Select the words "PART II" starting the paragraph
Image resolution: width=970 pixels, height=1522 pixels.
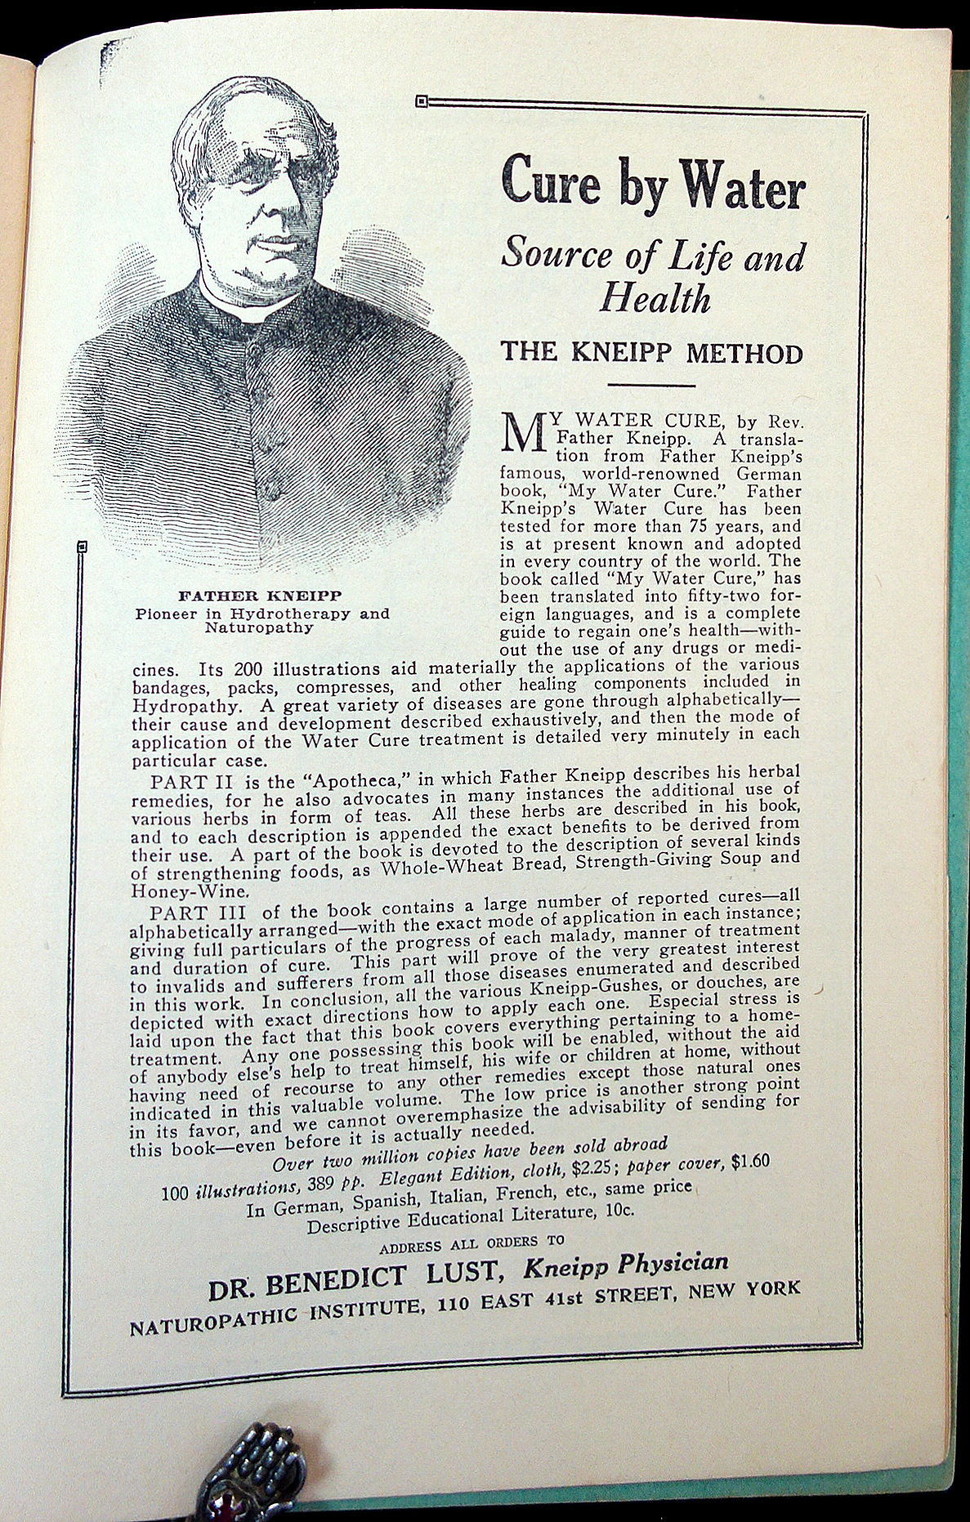(x=186, y=774)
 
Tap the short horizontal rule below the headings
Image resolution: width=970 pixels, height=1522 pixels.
(x=651, y=384)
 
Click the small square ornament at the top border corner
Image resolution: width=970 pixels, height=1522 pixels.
(x=421, y=101)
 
